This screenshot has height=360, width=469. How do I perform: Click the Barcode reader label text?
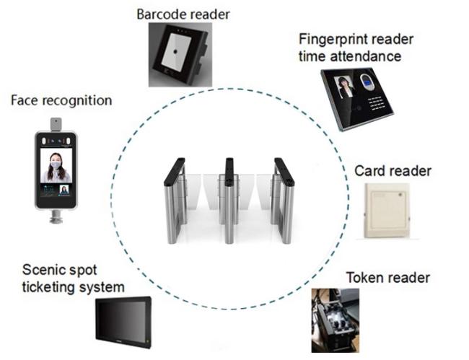tap(183, 14)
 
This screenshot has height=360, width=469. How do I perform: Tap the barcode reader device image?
tap(180, 55)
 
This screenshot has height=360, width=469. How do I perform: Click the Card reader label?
tap(393, 171)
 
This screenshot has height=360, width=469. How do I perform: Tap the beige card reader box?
tap(387, 211)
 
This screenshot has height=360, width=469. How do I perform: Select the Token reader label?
tap(388, 278)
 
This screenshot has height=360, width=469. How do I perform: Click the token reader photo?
tap(336, 320)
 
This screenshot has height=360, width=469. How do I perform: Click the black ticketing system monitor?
tap(123, 322)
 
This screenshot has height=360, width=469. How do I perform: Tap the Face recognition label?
tap(61, 100)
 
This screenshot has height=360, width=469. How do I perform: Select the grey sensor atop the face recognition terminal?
tap(56, 124)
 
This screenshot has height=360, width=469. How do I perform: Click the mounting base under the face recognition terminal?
tap(56, 216)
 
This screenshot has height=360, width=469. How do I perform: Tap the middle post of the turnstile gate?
tap(229, 200)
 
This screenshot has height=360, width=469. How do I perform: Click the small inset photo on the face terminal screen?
tap(64, 190)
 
